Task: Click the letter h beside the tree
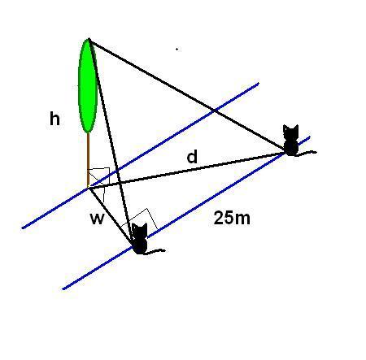coord(54,119)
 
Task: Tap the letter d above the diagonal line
coord(192,157)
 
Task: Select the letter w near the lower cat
coord(97,219)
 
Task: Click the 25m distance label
coord(232,218)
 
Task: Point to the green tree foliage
coord(88,86)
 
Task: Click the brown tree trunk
coord(88,160)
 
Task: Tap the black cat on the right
coord(291,141)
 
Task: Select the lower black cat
coord(140,239)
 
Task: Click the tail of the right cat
coord(307,154)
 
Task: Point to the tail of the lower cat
coord(155,251)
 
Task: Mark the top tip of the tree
coord(89,39)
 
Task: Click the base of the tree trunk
coord(88,187)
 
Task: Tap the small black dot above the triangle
coord(177,50)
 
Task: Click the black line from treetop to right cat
coord(186,96)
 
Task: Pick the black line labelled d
coord(186,170)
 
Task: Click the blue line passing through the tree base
coord(140,155)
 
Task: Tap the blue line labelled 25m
coord(186,213)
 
